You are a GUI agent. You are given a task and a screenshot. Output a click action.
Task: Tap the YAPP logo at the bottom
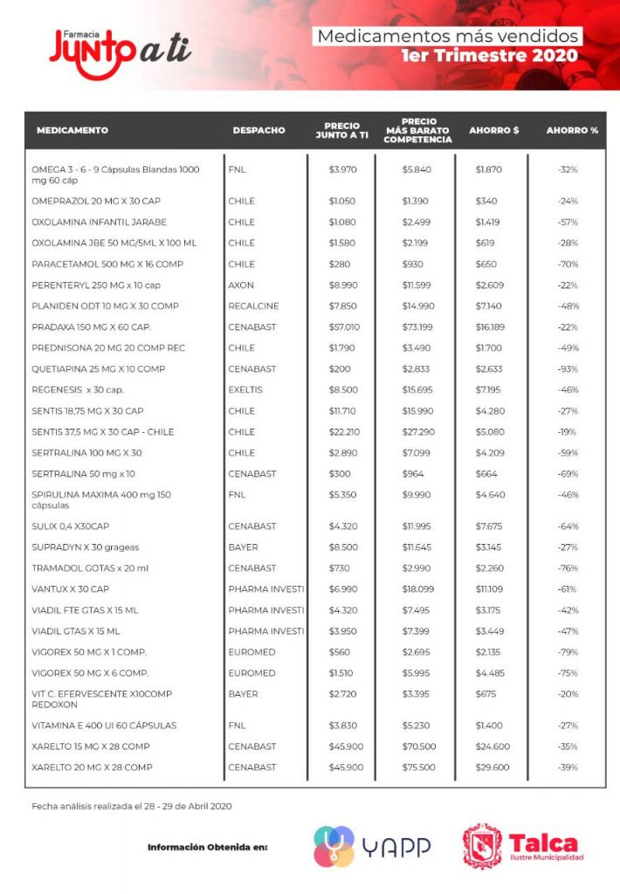[372, 846]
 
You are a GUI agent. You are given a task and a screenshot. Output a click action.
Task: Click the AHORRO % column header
[572, 130]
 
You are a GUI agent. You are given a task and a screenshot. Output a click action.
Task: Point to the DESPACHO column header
[258, 130]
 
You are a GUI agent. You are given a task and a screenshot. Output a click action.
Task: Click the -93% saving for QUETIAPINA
[568, 368]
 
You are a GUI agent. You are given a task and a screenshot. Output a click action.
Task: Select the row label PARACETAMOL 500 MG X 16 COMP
[107, 264]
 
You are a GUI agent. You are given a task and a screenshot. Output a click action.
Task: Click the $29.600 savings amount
[493, 767]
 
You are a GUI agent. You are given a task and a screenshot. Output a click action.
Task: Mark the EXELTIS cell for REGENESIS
[245, 389]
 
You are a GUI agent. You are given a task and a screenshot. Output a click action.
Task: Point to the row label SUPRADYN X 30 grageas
[85, 547]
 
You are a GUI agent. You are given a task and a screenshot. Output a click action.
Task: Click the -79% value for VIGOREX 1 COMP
[568, 651]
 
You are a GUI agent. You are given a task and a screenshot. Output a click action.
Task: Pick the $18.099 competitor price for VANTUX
[417, 588]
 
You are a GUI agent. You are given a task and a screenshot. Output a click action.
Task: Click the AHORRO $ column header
[493, 130]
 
